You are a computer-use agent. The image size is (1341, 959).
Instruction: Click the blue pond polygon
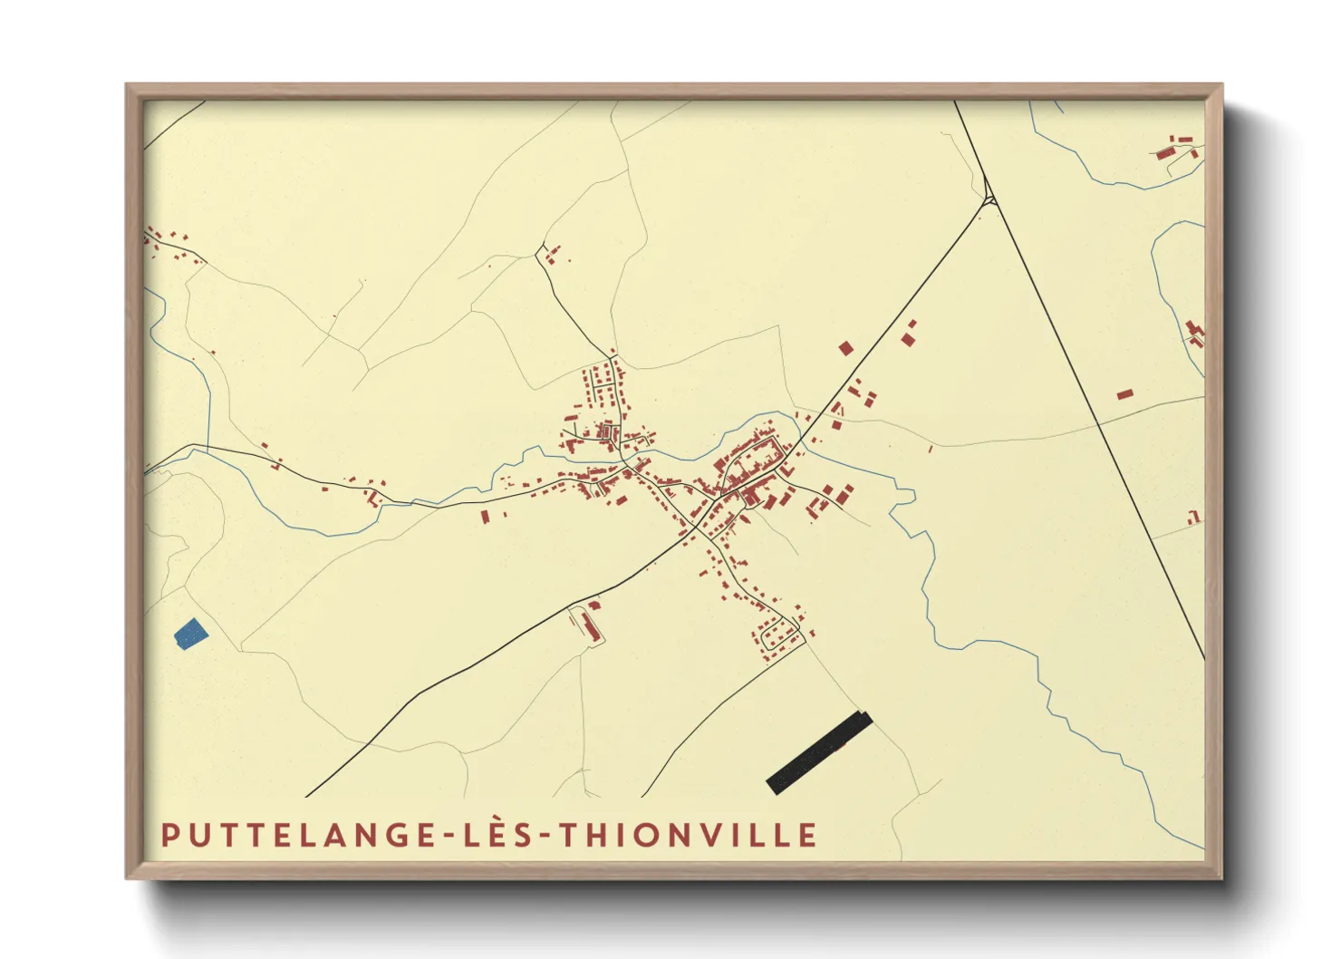(x=191, y=634)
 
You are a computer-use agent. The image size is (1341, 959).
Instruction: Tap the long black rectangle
(x=819, y=752)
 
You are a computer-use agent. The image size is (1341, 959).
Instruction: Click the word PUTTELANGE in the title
(x=299, y=835)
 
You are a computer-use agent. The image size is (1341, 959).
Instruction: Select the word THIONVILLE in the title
(x=688, y=835)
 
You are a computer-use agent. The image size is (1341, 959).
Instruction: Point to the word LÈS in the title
(x=496, y=835)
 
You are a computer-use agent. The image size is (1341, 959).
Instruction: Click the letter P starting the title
(x=169, y=835)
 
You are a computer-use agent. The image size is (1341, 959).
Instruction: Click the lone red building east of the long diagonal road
(x=1124, y=394)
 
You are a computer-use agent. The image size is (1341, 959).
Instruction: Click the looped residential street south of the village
(x=780, y=635)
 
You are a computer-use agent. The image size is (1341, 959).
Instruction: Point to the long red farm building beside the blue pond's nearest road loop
(x=591, y=625)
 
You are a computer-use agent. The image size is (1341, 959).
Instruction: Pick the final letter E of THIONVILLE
(x=808, y=835)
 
